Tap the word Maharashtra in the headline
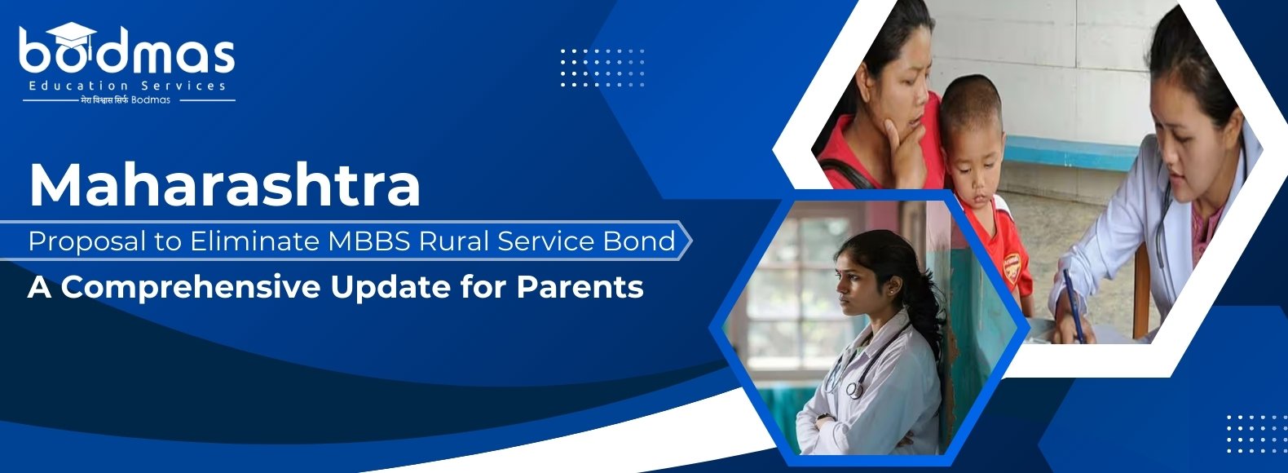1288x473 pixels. [x=225, y=185]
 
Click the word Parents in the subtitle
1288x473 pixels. [x=580, y=286]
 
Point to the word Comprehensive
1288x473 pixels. [x=190, y=287]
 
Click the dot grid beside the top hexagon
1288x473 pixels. [x=602, y=68]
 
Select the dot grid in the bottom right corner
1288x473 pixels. [x=1255, y=434]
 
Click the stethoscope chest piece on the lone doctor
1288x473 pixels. [x=854, y=390]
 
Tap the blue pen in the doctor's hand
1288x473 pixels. [x=1073, y=305]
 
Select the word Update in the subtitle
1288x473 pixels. [x=390, y=287]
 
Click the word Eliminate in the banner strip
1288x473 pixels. [x=254, y=241]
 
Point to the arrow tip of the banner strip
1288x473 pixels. [x=692, y=241]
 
